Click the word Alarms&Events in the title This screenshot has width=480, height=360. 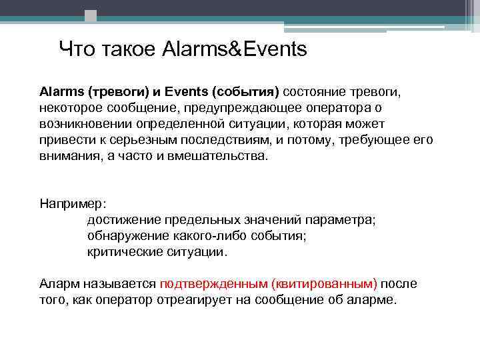234,49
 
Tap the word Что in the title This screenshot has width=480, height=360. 76,49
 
